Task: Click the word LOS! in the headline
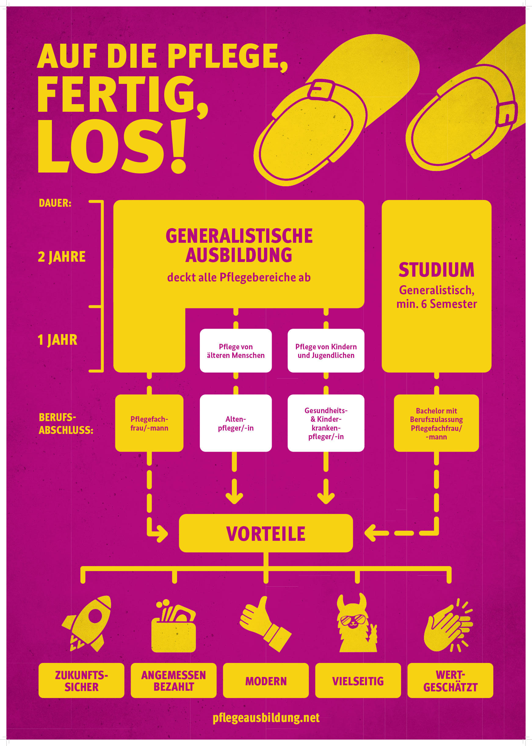(x=112, y=146)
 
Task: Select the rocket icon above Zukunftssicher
(x=87, y=624)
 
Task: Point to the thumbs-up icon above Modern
(x=265, y=624)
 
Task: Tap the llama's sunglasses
(x=353, y=620)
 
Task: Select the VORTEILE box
(x=266, y=533)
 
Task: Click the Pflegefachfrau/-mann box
(x=149, y=423)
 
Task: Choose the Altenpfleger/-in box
(x=236, y=423)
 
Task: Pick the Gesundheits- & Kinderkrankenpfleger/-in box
(x=326, y=423)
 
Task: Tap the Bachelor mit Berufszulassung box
(x=436, y=423)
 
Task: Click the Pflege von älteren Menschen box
(x=236, y=351)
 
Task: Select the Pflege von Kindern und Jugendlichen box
(x=326, y=351)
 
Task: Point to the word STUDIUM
(x=436, y=270)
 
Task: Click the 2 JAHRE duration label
(x=62, y=257)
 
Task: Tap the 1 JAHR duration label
(x=58, y=340)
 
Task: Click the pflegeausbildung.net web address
(x=266, y=718)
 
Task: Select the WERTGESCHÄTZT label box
(x=450, y=680)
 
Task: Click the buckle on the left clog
(x=321, y=90)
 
